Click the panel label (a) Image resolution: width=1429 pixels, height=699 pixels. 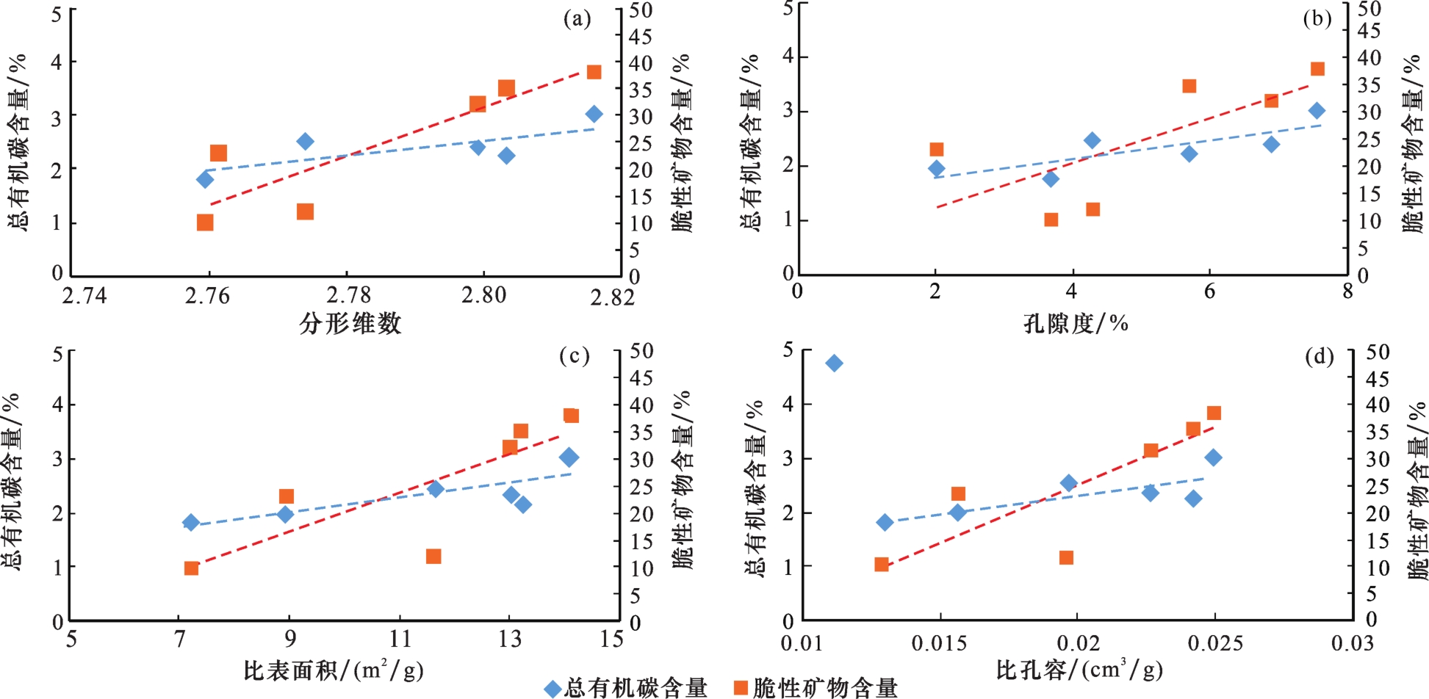[x=577, y=19]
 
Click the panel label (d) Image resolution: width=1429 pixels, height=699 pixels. [x=1319, y=358]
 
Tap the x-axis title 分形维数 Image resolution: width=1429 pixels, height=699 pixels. [x=350, y=324]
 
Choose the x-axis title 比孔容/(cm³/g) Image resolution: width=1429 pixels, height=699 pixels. [x=1079, y=670]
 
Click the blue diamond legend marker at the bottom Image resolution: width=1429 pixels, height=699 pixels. [x=552, y=689]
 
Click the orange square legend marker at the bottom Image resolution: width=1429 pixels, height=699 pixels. [x=741, y=688]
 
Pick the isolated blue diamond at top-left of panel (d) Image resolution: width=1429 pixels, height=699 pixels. [x=834, y=363]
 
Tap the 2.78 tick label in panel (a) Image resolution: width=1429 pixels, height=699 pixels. [x=349, y=295]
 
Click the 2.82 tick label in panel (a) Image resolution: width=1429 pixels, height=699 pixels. [x=613, y=297]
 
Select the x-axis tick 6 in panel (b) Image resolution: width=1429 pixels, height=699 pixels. [x=1209, y=291]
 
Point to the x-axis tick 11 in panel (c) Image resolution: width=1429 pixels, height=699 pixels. [x=400, y=639]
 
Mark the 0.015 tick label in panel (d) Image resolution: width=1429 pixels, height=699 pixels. [x=939, y=644]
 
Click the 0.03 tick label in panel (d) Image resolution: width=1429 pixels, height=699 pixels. [x=1352, y=644]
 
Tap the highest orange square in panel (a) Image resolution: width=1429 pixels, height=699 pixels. [x=594, y=72]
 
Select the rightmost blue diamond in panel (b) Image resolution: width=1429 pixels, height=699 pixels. [x=1317, y=111]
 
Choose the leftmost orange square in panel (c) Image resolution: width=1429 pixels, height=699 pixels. [x=191, y=568]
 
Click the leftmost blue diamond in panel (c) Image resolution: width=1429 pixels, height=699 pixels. [x=191, y=523]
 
